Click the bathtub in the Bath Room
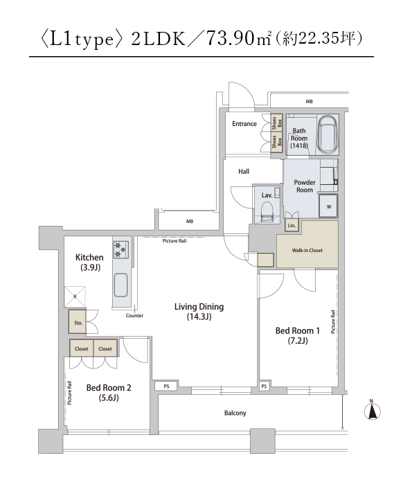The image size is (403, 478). pos(328,135)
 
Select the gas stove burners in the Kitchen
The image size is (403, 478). pos(121,249)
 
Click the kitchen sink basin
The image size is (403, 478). pos(120,285)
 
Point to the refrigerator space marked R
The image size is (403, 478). pos(75,296)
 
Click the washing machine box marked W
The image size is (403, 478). pos(328,206)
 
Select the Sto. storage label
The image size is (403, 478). pos(78,323)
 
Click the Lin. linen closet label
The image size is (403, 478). pos(292,226)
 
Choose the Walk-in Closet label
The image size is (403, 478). pos(307,250)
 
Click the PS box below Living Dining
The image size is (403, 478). pos(166,387)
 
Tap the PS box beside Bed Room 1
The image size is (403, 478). pos(264,387)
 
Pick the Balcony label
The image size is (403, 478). pos(235,413)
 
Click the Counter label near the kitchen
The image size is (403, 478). pos(134,315)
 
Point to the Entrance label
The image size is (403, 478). pos(244,124)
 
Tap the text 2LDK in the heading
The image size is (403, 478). pos(159,39)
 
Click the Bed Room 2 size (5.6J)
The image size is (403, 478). pos(109,398)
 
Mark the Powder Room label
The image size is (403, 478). pos(305,186)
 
